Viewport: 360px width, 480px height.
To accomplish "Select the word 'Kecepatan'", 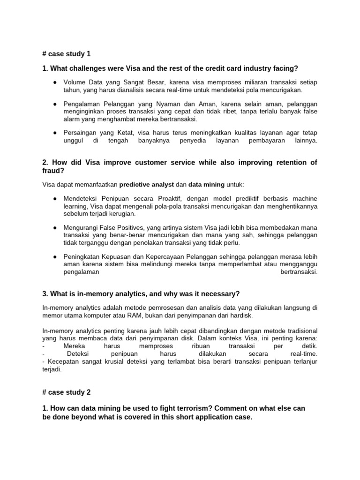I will [x=61, y=361].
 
